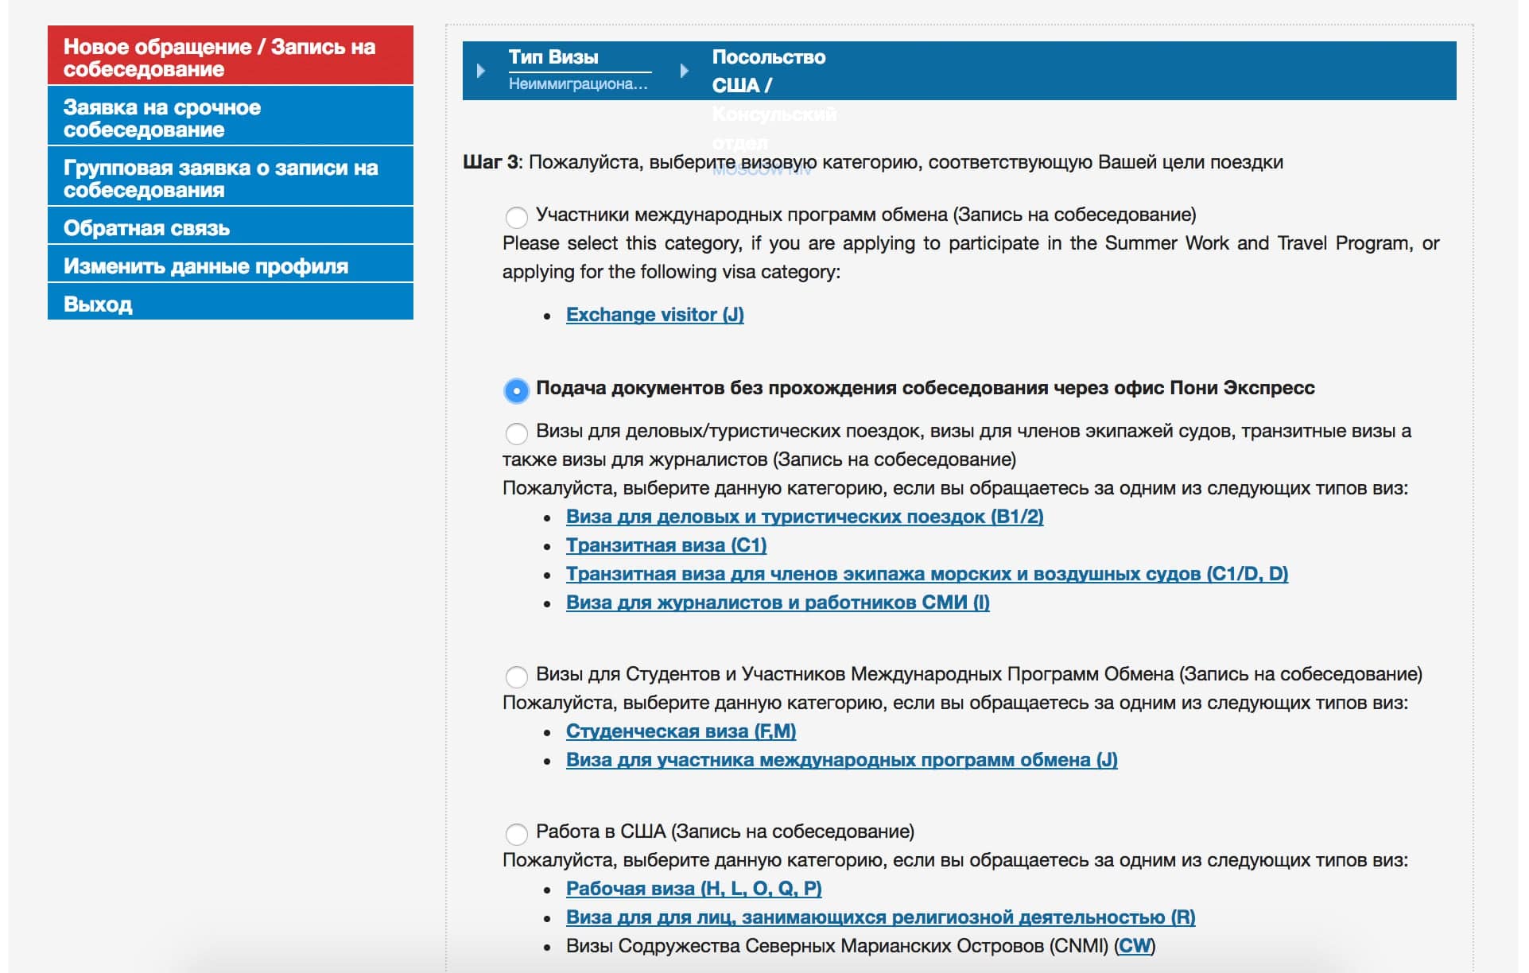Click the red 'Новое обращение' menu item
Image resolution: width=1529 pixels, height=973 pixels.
point(230,57)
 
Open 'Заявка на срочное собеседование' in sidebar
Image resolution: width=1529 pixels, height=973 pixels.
point(230,118)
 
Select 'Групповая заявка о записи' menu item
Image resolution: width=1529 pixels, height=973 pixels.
point(230,178)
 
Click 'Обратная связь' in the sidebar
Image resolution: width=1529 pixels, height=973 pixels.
point(230,228)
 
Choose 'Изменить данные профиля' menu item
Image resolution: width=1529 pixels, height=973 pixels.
point(230,266)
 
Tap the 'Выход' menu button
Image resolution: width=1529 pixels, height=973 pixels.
point(230,304)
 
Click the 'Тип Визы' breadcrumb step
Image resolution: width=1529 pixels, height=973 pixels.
point(554,57)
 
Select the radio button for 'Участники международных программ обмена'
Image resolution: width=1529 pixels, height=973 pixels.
point(517,216)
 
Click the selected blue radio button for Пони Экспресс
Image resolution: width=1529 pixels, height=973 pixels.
point(517,390)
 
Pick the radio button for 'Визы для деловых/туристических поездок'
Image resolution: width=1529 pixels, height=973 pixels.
point(517,433)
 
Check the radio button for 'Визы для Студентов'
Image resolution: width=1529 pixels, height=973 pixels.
point(517,676)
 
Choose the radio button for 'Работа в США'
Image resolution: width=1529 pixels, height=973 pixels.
point(517,834)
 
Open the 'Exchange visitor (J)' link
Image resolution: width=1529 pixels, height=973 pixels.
point(654,315)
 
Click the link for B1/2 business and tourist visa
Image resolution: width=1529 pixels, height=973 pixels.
point(804,517)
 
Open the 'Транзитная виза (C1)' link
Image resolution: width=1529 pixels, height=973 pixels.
point(666,545)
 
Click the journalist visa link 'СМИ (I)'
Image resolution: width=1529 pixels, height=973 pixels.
point(777,603)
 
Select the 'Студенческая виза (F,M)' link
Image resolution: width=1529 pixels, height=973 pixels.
point(681,731)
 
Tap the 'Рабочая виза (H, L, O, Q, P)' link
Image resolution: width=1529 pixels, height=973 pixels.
point(693,889)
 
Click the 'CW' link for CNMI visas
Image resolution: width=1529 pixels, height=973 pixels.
point(1135,946)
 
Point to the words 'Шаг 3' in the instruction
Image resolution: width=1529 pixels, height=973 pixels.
point(491,162)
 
